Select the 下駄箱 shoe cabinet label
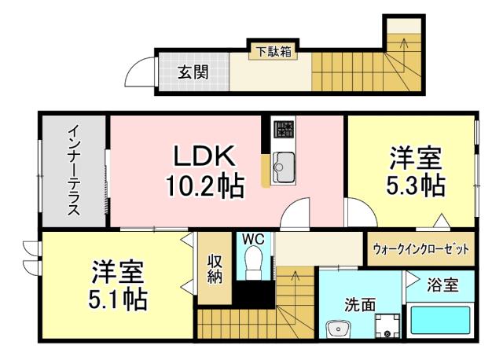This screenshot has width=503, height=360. [272, 52]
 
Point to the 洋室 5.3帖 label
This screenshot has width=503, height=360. [417, 171]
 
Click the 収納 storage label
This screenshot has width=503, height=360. [215, 268]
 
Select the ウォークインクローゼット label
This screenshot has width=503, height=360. [420, 249]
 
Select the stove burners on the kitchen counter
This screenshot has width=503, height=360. [283, 129]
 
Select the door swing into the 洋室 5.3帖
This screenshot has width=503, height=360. [358, 212]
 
